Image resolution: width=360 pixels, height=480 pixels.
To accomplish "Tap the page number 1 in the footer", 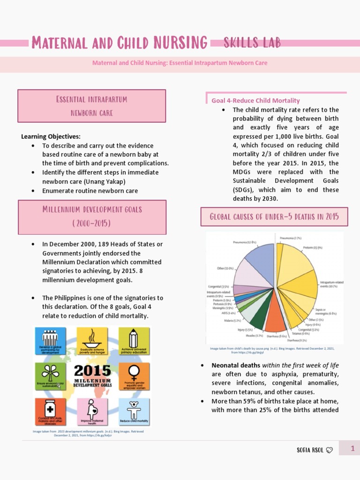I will [x=352, y=449].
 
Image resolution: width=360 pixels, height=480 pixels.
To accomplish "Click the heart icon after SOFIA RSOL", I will [x=330, y=450].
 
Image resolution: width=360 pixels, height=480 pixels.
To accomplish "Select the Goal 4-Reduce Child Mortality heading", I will [x=255, y=100].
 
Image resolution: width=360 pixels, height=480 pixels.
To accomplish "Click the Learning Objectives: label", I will [x=51, y=136].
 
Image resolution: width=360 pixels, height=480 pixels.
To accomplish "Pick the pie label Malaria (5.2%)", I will [x=232, y=321].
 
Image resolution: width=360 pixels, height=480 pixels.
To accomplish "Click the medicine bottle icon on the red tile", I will [x=50, y=408].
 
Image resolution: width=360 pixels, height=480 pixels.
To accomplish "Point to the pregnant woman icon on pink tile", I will [x=92, y=408].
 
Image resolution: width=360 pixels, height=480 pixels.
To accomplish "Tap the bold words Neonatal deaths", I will [x=236, y=365].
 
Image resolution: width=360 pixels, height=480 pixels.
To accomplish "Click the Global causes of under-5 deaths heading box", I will [x=274, y=217].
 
